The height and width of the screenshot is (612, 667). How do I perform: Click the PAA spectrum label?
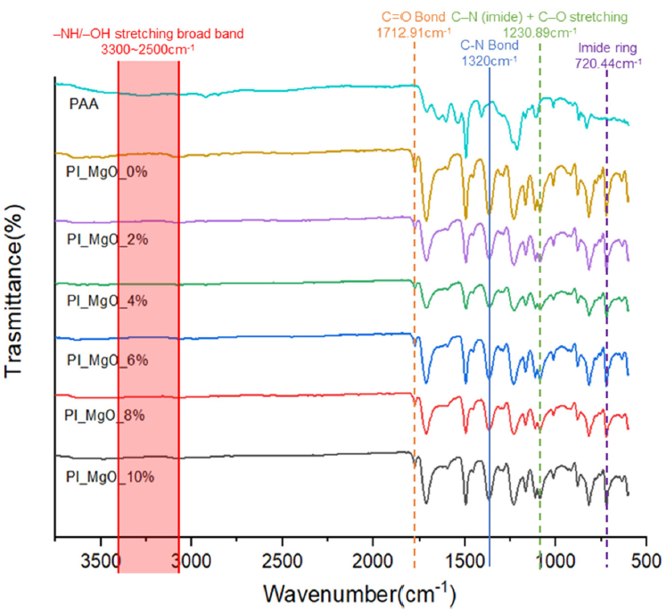84,103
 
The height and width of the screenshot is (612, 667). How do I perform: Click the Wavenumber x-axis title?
359,593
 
